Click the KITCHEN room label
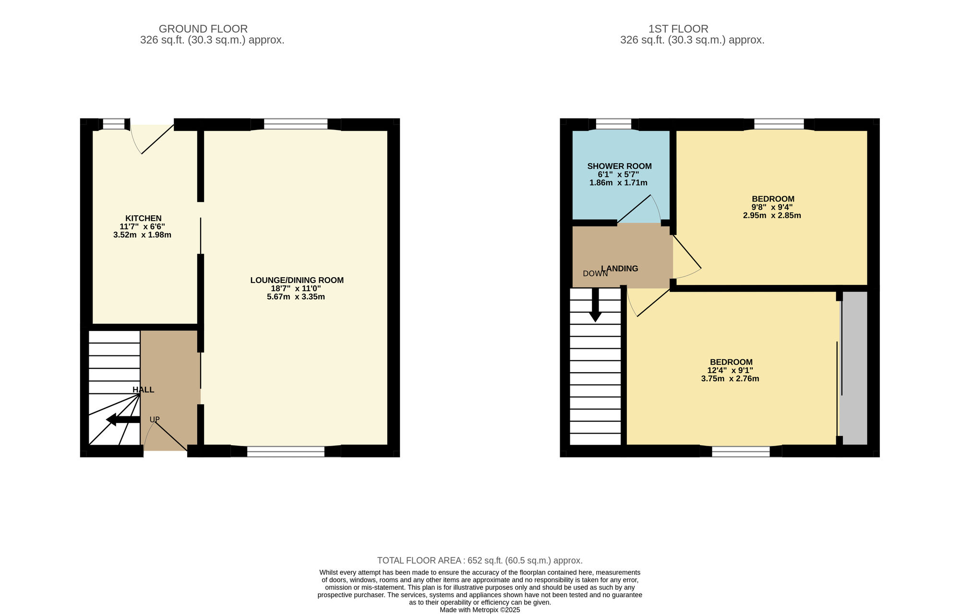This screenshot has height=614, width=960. pos(144,218)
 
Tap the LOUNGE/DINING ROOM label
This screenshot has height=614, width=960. pos(297,280)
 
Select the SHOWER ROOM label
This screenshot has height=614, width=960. pos(619,166)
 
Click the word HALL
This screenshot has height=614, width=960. pos(144,390)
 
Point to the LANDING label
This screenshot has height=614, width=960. pos(620,269)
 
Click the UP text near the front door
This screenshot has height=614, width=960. pos(155,419)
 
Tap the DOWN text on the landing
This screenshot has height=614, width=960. pos(595,274)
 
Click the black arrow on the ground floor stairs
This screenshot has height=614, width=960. pos(123,420)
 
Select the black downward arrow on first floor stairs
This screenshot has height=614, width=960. pos(595,305)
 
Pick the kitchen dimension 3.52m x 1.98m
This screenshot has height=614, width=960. pos(142,235)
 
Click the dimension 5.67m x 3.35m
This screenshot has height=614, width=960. pos(296,297)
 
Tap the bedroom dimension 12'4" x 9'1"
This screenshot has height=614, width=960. pos(730,370)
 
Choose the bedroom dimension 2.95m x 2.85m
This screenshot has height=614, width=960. pos(772,215)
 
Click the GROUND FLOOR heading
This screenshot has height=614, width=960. pos(203,29)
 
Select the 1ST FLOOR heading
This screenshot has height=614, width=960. pos(678,29)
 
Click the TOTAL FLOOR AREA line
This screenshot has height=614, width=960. pos(480,560)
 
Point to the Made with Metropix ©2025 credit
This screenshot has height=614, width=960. pos(480,610)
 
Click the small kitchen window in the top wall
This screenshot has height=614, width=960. pos(114,124)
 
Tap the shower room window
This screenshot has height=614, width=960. pos(613,124)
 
